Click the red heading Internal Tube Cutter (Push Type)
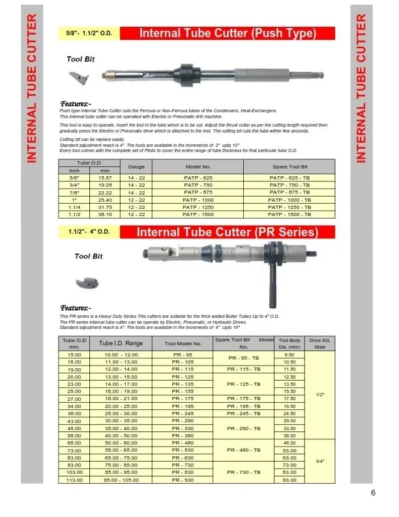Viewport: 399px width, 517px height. point(228,33)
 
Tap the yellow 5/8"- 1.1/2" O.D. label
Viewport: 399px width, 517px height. point(91,33)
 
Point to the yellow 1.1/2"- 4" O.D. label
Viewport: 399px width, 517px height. point(90,232)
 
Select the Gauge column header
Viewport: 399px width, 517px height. point(136,167)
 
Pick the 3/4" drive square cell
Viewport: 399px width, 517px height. point(319,460)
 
